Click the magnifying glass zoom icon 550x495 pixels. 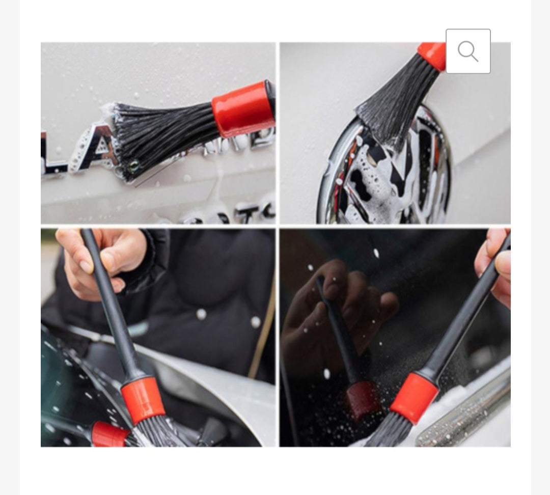(468, 51)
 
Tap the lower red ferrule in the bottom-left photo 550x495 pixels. (109, 435)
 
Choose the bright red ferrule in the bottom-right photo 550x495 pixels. (414, 397)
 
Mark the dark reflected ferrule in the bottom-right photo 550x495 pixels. (362, 400)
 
